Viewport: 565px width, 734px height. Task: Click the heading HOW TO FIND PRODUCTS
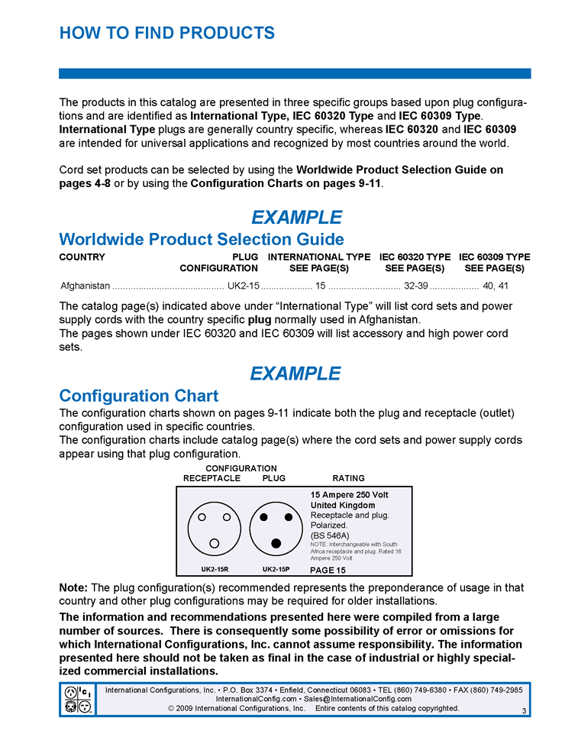(x=166, y=34)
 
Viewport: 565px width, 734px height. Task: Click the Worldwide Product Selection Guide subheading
(x=202, y=240)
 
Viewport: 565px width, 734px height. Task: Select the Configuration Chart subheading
(x=138, y=396)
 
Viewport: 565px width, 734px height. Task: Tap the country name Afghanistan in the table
(x=85, y=286)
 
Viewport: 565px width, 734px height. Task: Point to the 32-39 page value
(x=416, y=286)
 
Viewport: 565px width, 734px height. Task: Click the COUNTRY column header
(x=82, y=257)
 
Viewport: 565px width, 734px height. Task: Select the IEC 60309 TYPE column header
(x=494, y=257)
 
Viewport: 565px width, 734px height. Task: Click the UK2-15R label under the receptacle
(x=215, y=570)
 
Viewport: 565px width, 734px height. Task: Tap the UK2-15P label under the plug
(x=276, y=570)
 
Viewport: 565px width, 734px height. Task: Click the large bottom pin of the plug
(x=276, y=543)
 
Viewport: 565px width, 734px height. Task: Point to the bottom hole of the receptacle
(x=215, y=543)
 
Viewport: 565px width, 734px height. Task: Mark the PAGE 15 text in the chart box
(x=328, y=571)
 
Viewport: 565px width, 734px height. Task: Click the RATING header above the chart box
(x=348, y=479)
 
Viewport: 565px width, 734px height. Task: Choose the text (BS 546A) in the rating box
(x=330, y=535)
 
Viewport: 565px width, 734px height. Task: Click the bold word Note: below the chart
(x=73, y=588)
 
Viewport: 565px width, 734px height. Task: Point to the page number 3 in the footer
(x=525, y=711)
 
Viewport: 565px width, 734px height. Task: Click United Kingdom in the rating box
(x=343, y=506)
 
